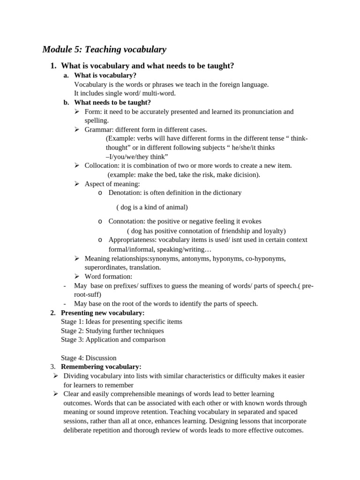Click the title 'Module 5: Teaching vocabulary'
(x=104, y=49)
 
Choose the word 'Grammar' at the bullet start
(x=98, y=129)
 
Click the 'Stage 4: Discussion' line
(x=89, y=358)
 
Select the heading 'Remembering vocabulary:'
(x=101, y=367)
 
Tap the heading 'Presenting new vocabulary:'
(x=103, y=313)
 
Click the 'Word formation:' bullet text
(x=108, y=277)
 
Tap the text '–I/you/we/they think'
(x=137, y=157)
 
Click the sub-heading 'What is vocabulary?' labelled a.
(x=105, y=75)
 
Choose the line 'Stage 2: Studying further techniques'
(x=112, y=330)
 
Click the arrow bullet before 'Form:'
(x=77, y=112)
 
